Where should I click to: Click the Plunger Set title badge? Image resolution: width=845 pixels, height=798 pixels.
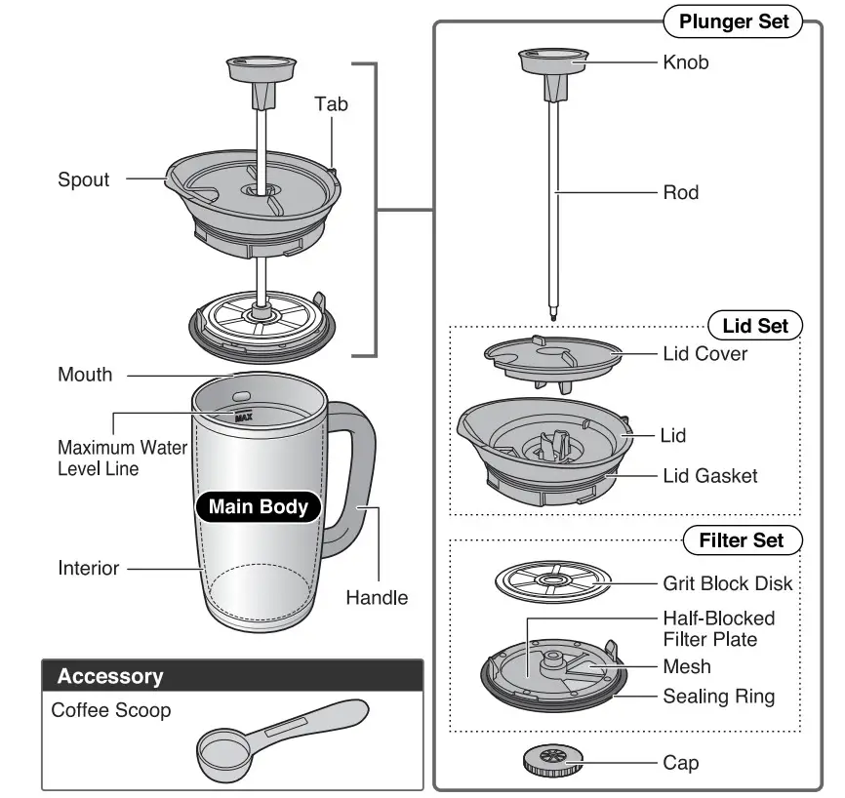tap(733, 21)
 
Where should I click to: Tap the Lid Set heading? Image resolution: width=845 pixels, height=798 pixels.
tap(754, 326)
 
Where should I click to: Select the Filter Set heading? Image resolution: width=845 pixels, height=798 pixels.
tap(741, 539)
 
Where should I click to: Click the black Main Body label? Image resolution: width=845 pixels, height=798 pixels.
tap(258, 506)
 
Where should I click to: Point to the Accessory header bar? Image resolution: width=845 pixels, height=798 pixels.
tap(232, 676)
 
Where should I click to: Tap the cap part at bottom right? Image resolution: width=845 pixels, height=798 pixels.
tap(552, 760)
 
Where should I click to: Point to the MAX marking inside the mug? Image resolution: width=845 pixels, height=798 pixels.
tap(242, 417)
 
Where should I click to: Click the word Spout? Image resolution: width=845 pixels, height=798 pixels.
tap(84, 180)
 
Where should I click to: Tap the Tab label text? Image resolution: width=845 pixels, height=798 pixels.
tap(331, 103)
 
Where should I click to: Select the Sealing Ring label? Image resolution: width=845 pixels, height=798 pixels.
tap(718, 697)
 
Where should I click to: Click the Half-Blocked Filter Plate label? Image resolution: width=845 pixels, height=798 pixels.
tap(718, 629)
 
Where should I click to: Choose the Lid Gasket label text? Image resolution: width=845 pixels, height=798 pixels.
tap(709, 476)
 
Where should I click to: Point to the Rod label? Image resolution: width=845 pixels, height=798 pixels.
tap(680, 193)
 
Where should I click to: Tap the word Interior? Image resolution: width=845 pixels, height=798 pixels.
tap(89, 568)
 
